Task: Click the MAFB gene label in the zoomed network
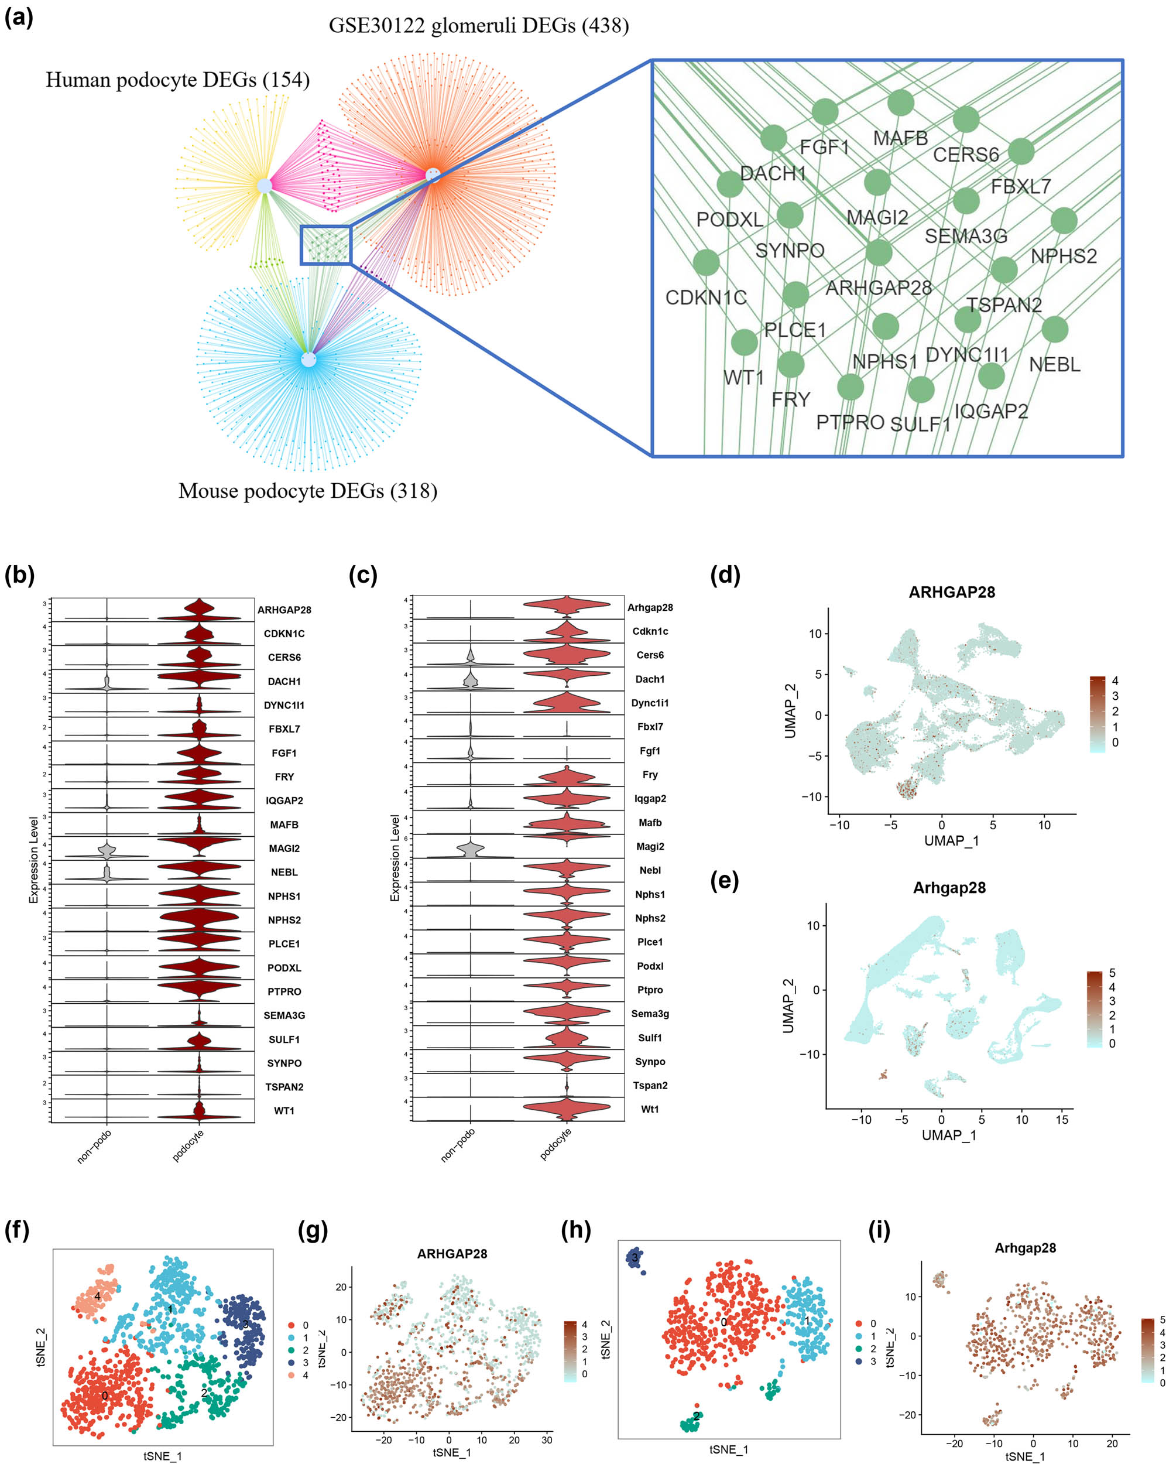click(x=899, y=139)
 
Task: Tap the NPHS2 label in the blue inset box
click(x=1063, y=256)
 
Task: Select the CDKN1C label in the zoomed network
click(x=705, y=297)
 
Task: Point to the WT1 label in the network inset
click(x=743, y=378)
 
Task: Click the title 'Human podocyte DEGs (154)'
click(x=178, y=80)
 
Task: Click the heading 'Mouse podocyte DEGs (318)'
click(x=307, y=491)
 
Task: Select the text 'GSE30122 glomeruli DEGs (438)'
click(x=478, y=26)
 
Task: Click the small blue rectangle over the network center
click(x=326, y=245)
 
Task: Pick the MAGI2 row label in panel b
click(x=284, y=848)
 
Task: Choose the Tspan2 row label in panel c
click(x=650, y=1085)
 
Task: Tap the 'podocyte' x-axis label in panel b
click(x=188, y=1145)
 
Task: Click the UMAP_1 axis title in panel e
click(x=948, y=1135)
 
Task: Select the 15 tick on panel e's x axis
click(x=1061, y=1120)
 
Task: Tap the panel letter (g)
click(x=313, y=1230)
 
